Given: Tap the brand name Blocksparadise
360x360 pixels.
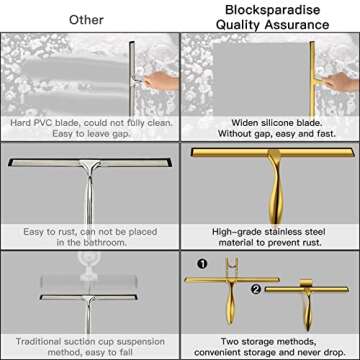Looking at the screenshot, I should click(269, 12).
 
